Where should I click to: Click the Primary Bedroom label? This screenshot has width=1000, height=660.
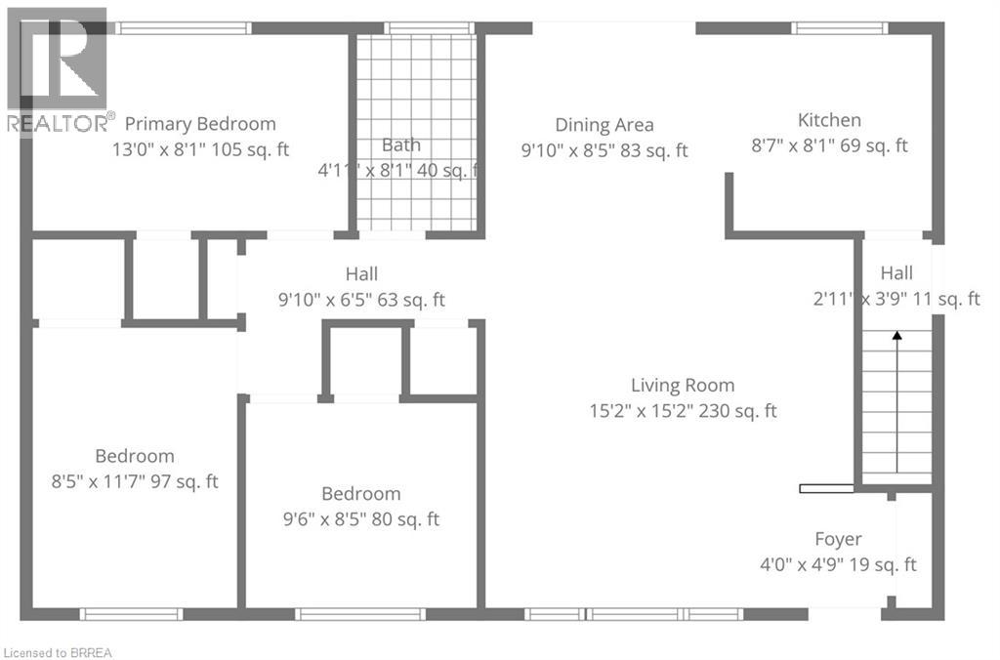(x=200, y=124)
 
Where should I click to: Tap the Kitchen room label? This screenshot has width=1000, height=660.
(x=829, y=120)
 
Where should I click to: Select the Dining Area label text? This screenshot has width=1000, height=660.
(x=604, y=125)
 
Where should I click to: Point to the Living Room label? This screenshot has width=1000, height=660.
(x=683, y=385)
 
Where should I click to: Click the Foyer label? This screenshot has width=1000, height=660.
(x=838, y=540)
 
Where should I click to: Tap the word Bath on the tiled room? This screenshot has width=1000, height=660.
(x=401, y=144)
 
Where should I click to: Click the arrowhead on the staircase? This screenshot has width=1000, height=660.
(x=896, y=335)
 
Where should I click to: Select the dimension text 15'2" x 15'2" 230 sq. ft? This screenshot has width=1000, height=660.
(x=683, y=411)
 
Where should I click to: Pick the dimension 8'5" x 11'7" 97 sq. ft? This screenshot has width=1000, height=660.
(x=135, y=480)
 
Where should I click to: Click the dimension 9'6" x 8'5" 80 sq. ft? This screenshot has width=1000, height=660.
(x=361, y=519)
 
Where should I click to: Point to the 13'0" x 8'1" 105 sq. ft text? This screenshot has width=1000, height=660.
(x=200, y=149)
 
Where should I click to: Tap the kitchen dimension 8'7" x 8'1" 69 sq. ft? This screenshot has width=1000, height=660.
(x=829, y=145)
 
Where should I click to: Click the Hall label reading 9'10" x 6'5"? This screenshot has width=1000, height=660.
(x=361, y=274)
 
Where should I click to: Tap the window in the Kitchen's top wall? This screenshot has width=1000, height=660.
(x=839, y=27)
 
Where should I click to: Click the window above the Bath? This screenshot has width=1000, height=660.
(x=429, y=27)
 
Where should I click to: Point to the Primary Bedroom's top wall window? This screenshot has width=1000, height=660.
(x=183, y=27)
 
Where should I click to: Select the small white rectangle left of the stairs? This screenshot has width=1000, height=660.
(x=826, y=488)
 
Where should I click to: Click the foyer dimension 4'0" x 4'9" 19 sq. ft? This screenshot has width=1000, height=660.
(x=838, y=565)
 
